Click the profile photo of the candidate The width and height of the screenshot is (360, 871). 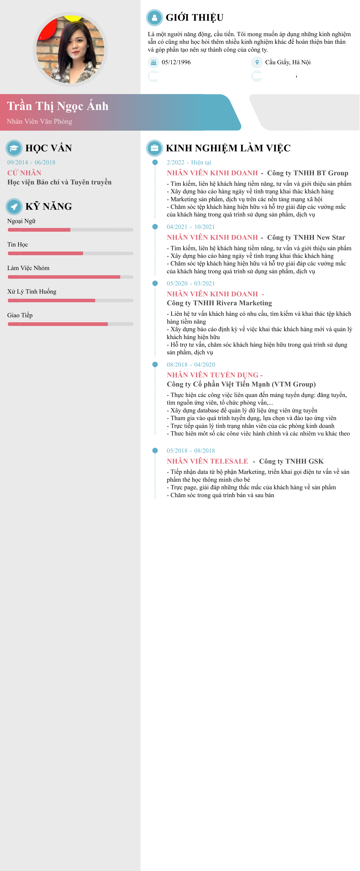pyautogui.click(x=70, y=49)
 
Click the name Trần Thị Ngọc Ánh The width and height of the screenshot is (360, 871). pyautogui.click(x=57, y=106)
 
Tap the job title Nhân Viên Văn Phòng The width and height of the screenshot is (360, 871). pyautogui.click(x=40, y=121)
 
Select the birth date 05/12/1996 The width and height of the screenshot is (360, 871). pyautogui.click(x=176, y=62)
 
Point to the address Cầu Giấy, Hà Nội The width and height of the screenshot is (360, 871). pyautogui.click(x=288, y=62)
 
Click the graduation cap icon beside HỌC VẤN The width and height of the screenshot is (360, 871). pyautogui.click(x=14, y=148)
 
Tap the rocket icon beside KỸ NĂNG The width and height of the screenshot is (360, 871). pyautogui.click(x=14, y=206)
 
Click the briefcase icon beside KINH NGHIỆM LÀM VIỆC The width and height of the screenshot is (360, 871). pyautogui.click(x=154, y=148)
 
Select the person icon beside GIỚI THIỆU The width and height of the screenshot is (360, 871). pyautogui.click(x=154, y=18)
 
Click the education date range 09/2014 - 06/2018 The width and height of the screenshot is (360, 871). pyautogui.click(x=31, y=162)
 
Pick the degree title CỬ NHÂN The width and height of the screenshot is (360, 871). pyautogui.click(x=24, y=173)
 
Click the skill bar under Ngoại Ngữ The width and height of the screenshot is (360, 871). pyautogui.click(x=70, y=230)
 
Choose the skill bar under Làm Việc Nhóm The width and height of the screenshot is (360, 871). pyautogui.click(x=70, y=277)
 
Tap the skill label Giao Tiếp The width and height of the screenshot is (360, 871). pyautogui.click(x=20, y=315)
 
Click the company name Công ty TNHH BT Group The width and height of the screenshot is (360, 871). pyautogui.click(x=307, y=173)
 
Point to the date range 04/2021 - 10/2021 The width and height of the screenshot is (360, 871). pyautogui.click(x=191, y=227)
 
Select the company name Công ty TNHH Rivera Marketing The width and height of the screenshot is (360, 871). pyautogui.click(x=219, y=303)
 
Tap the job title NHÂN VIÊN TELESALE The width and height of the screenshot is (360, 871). pyautogui.click(x=207, y=461)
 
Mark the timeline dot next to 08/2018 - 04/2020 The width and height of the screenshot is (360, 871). pyautogui.click(x=155, y=365)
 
